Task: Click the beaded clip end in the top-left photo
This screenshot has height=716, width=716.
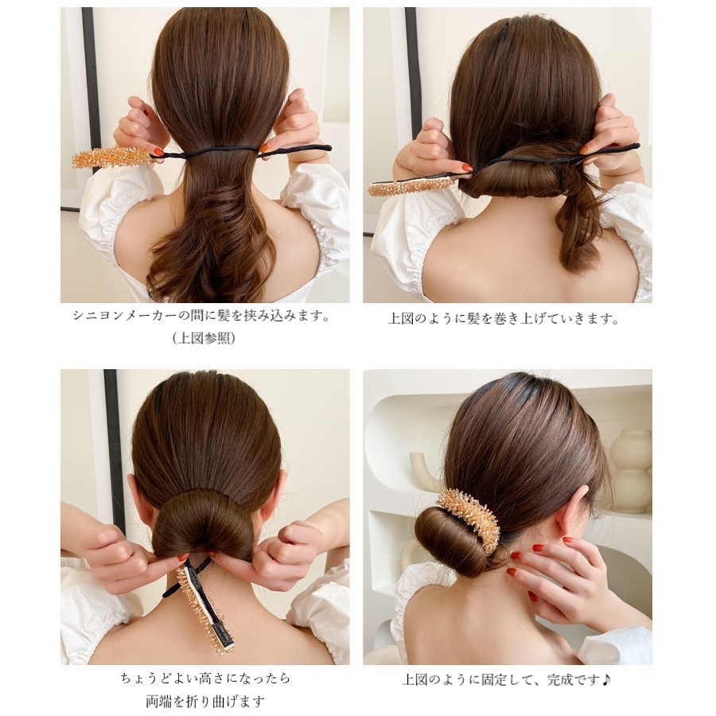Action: point(113,157)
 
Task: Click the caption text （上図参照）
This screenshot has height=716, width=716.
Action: point(204,338)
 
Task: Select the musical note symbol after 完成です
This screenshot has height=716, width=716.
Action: point(605,680)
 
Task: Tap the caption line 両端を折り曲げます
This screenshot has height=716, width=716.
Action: point(205,701)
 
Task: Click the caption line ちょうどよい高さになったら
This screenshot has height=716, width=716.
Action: point(205,678)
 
